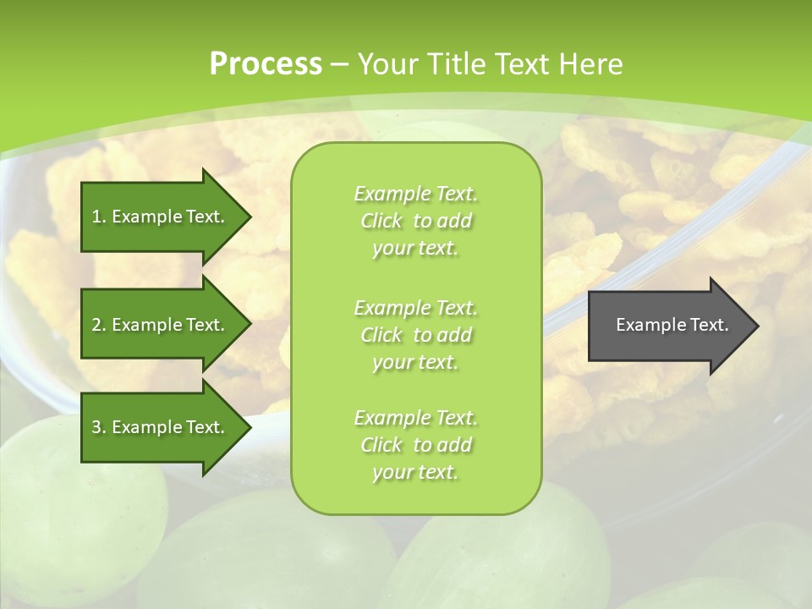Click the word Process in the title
click(x=266, y=64)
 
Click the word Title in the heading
click(x=457, y=64)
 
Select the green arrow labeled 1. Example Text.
click(x=161, y=217)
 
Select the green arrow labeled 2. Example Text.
click(x=161, y=325)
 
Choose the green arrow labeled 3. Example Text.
click(x=161, y=427)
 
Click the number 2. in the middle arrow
click(x=99, y=325)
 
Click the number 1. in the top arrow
click(x=99, y=217)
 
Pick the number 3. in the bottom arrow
click(x=99, y=427)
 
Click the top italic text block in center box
click(x=415, y=221)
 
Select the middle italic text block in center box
click(x=415, y=335)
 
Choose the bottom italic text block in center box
click(x=415, y=445)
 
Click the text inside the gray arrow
click(x=672, y=325)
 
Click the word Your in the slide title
click(x=386, y=64)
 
